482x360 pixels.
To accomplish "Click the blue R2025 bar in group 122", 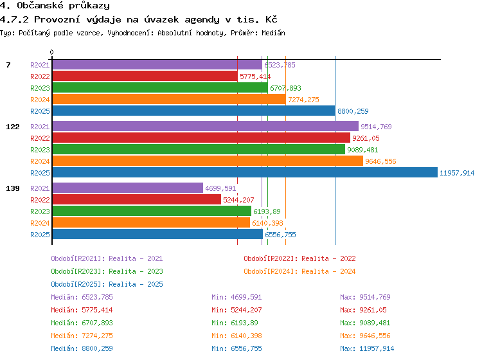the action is tap(245, 172).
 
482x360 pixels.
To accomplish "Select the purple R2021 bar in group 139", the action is tap(128, 188).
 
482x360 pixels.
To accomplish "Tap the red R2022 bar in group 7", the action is tap(145, 76).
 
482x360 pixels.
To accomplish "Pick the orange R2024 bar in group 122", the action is tap(208, 161).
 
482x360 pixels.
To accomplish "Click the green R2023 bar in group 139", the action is tap(152, 212).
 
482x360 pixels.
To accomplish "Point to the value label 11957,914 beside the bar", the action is tap(457, 173).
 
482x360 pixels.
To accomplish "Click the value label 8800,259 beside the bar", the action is tap(353, 111).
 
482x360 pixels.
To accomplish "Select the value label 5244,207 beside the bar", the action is tap(238, 200).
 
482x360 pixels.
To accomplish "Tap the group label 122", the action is tap(13, 127).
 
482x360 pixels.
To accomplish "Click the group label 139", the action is tap(13, 188).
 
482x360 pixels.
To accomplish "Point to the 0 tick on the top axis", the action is tap(51, 52).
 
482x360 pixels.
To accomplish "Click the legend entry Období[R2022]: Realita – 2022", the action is tap(299, 258).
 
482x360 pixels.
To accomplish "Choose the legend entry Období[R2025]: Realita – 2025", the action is tap(107, 284).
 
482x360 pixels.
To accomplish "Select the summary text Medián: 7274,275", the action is tap(82, 336).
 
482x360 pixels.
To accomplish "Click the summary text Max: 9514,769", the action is tap(365, 297).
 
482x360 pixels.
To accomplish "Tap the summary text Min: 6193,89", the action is tap(235, 323).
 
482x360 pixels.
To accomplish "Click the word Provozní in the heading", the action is tap(57, 20).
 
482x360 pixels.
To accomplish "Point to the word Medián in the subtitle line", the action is tap(273, 33).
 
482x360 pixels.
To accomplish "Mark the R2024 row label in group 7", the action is tap(40, 100).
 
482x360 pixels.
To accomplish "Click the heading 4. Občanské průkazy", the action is tap(55, 6).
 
